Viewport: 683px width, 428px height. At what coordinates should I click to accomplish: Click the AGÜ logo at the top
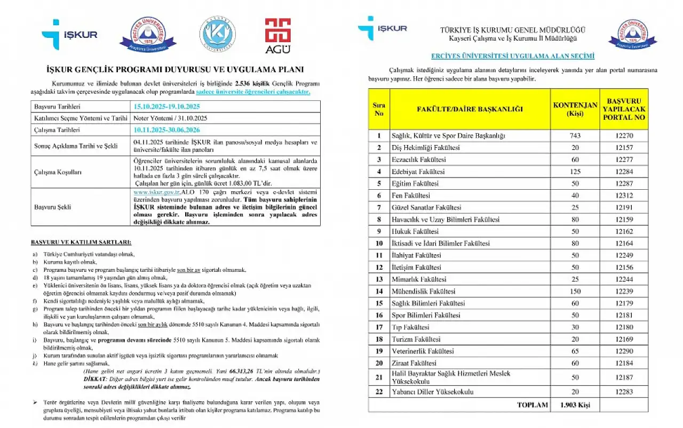(278, 36)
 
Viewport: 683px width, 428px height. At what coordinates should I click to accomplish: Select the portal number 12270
(624, 136)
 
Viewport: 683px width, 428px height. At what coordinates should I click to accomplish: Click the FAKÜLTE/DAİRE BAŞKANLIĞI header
(469, 109)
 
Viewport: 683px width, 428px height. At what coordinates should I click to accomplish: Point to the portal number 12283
(624, 392)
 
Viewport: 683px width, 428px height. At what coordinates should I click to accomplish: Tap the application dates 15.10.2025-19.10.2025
(168, 107)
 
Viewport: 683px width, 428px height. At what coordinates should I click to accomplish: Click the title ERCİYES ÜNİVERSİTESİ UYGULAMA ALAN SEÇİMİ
(512, 56)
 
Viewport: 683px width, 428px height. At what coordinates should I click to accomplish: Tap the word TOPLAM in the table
(532, 405)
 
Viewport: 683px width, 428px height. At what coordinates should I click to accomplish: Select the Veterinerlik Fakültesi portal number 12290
(624, 351)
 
